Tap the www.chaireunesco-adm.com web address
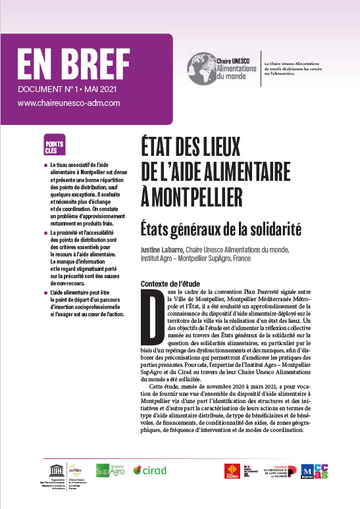(x=68, y=103)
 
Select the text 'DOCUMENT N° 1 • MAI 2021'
(x=67, y=89)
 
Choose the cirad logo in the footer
(x=149, y=470)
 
